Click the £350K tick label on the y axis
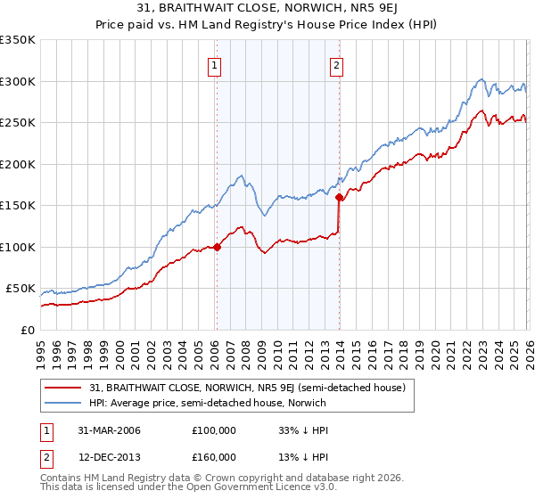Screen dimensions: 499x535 tap(18, 40)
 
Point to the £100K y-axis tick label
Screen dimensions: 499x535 tap(18, 247)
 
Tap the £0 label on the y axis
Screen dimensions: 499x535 tap(27, 330)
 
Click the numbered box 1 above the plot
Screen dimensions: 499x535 tap(216, 64)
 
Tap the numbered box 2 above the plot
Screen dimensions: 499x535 tap(337, 64)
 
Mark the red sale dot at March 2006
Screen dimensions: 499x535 tap(217, 247)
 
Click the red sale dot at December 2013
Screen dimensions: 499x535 tap(340, 198)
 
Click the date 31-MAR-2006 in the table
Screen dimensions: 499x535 tap(105, 430)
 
